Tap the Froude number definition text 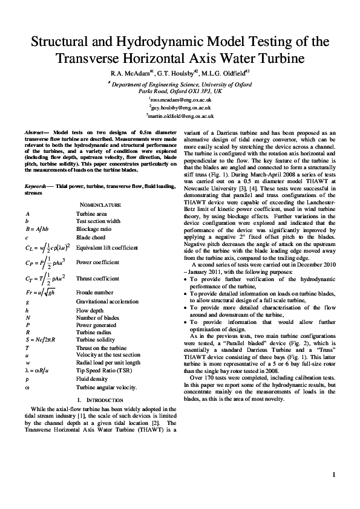click(94, 292)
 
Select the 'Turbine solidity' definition click(94, 340)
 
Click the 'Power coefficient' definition click(95, 263)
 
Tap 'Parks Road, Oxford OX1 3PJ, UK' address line click(180, 90)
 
